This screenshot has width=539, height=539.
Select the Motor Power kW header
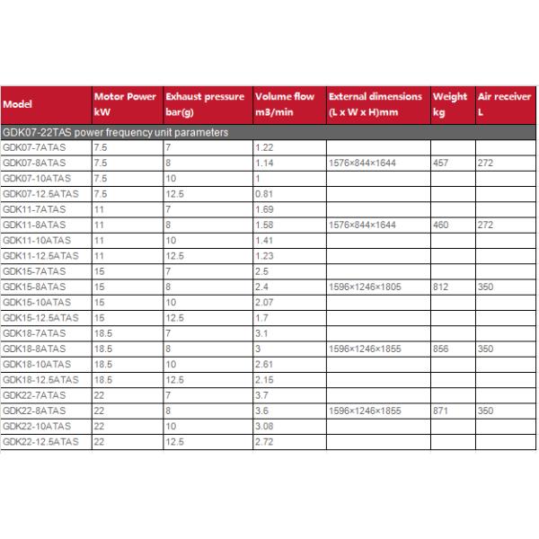pos(125,104)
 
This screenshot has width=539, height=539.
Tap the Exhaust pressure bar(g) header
pos(204,104)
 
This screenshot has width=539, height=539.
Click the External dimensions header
pos(375,104)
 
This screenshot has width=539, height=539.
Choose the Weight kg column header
pos(450,104)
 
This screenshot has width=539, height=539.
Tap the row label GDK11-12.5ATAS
pos(40,255)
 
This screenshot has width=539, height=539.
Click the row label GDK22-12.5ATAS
pos(40,442)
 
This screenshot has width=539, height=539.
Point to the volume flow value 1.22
pos(264,146)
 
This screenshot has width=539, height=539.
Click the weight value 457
pos(441,162)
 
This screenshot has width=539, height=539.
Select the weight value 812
pos(441,287)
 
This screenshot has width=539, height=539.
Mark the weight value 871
pos(441,411)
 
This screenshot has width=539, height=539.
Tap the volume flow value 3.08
pos(264,427)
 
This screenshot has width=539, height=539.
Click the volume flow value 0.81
pos(264,193)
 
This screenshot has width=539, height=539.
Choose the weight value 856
pos(441,349)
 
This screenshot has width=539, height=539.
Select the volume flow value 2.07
pos(264,302)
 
